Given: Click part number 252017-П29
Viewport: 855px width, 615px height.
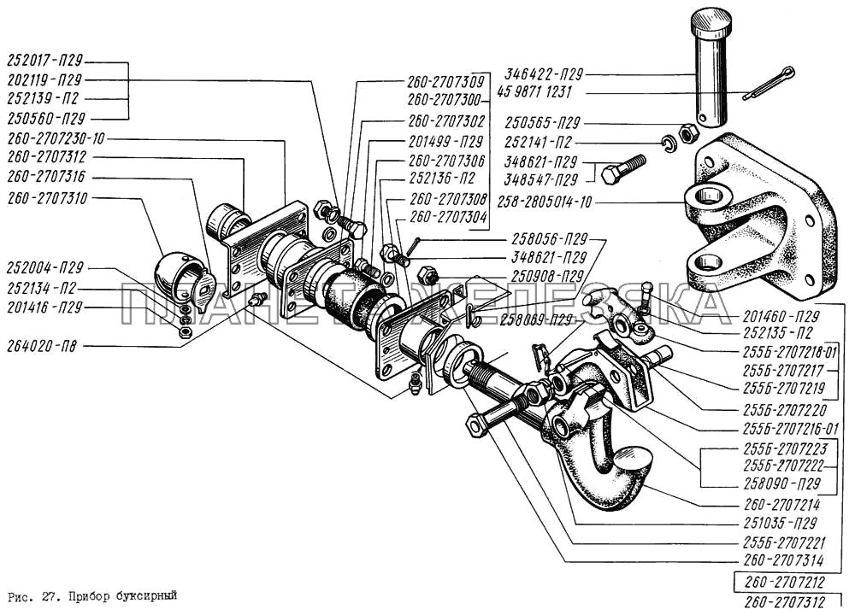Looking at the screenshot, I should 45,62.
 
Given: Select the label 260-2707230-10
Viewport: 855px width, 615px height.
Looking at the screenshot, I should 57,138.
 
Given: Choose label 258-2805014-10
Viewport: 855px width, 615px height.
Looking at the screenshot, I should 544,202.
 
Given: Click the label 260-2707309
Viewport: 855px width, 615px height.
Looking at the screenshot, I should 445,83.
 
